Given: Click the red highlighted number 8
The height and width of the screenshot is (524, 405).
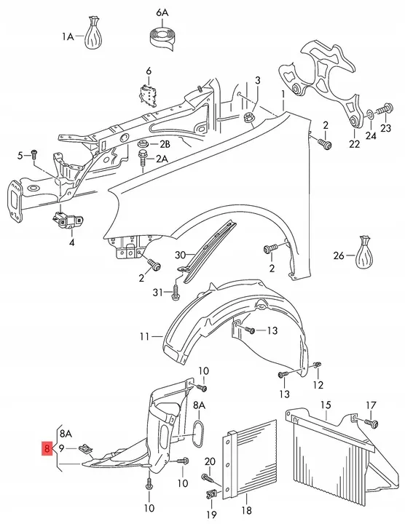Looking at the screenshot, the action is (x=47, y=448).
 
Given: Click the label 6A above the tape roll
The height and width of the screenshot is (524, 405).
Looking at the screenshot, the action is (x=162, y=13).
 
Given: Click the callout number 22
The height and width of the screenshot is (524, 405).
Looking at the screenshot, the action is (x=354, y=143).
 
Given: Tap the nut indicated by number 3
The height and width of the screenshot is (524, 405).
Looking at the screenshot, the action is (x=248, y=117).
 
